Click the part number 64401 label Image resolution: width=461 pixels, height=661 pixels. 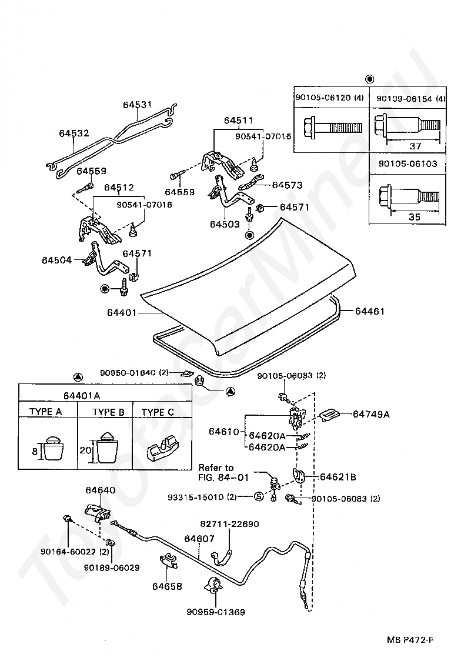(x=121, y=313)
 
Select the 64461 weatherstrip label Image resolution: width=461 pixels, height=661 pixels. (x=369, y=311)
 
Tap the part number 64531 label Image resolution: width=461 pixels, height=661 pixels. (x=138, y=105)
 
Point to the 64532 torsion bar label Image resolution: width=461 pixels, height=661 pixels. (x=74, y=133)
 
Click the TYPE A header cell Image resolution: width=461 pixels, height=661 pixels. (x=45, y=412)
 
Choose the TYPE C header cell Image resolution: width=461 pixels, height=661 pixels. (x=158, y=412)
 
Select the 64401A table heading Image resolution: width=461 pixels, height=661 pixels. (x=82, y=396)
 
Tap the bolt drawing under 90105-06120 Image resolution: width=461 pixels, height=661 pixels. (x=332, y=127)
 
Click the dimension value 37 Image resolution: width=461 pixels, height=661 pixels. (x=415, y=146)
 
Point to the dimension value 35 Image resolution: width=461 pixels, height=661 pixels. (x=415, y=216)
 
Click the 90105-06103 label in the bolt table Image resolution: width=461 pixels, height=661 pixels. (x=407, y=163)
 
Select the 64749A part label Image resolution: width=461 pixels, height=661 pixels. (x=371, y=415)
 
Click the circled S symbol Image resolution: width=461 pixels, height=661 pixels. (x=259, y=496)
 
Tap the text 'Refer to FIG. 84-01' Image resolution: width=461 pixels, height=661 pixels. (x=223, y=473)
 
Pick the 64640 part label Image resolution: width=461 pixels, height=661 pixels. (x=101, y=490)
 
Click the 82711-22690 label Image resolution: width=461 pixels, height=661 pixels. (x=229, y=524)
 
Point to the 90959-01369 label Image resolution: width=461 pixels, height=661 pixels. (x=216, y=612)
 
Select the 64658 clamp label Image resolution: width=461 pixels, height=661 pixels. (x=167, y=586)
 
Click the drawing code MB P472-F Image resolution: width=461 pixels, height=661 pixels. (x=410, y=640)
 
